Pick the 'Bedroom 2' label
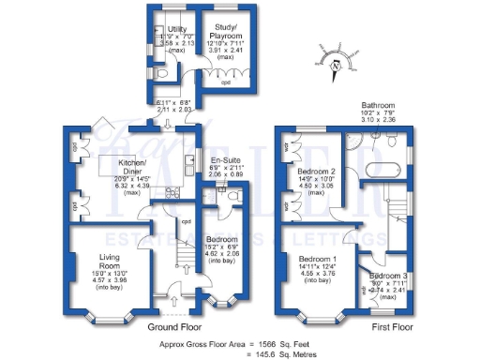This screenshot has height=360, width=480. (317, 172)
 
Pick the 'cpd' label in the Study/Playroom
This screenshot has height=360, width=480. (225, 82)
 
